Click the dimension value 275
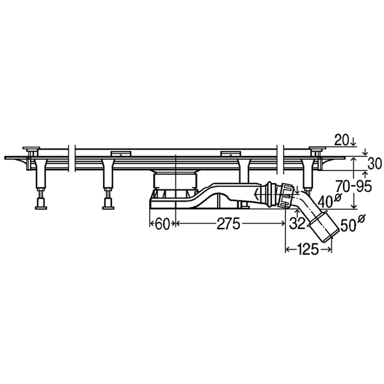coord(228,223)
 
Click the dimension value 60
coord(162,223)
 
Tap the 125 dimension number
coord(308,250)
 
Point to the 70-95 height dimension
coord(353,186)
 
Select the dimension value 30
coord(374,164)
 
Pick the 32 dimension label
coord(297,223)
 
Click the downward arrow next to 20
coord(353,141)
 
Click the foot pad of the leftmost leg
coord(41,208)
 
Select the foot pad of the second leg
coord(108,208)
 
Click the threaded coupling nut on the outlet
coord(287,195)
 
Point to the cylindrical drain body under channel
coord(175,181)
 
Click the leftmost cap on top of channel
coord(31,148)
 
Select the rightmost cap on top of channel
coord(317,148)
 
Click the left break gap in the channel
coord(72,159)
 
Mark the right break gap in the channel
coord(280,159)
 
